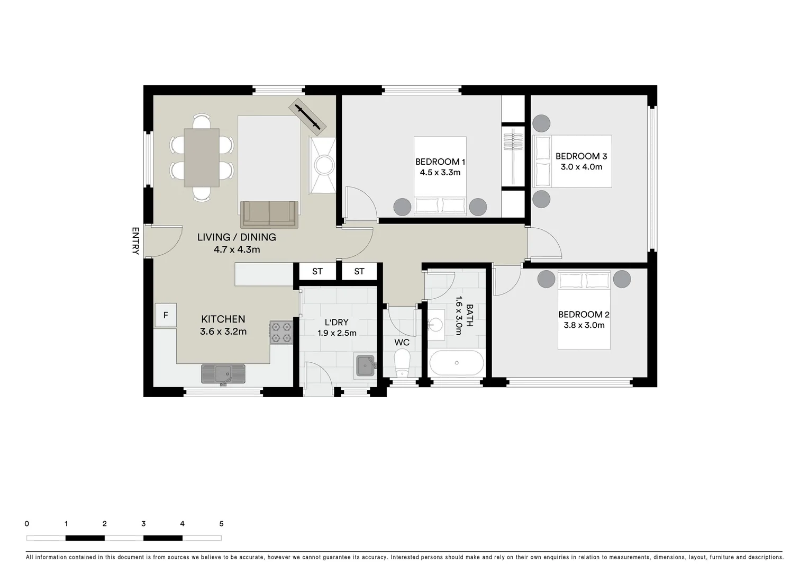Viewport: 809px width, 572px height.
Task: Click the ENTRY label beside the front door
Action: click(135, 241)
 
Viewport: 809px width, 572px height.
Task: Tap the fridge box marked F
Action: click(166, 315)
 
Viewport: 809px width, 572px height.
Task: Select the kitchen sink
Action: click(223, 374)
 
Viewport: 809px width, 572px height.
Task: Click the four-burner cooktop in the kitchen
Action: click(281, 333)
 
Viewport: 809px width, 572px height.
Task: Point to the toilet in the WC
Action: click(402, 364)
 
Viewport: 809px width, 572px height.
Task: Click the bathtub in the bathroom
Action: click(456, 363)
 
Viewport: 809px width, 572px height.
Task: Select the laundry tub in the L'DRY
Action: click(365, 365)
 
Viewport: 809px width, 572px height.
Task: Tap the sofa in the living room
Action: click(269, 214)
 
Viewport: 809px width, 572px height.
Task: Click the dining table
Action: click(201, 157)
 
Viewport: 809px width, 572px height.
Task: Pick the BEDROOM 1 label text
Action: click(440, 162)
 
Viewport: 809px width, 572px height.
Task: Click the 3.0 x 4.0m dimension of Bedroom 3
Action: click(581, 167)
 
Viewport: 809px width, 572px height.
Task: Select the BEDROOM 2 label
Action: click(584, 315)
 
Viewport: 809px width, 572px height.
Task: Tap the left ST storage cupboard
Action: click(317, 271)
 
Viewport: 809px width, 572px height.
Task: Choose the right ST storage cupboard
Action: click(359, 271)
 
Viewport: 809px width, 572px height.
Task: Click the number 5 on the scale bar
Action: click(221, 524)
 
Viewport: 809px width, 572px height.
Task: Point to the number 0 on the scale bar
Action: click(27, 524)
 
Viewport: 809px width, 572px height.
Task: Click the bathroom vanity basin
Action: click(437, 323)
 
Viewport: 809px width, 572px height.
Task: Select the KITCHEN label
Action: click(223, 319)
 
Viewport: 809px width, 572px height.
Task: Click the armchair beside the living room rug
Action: click(322, 165)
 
